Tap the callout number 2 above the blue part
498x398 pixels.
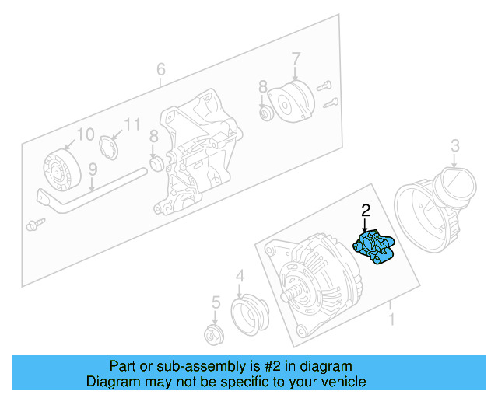[365, 210]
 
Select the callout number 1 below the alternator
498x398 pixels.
[391, 319]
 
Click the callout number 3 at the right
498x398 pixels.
[455, 145]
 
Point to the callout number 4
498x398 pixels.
[240, 275]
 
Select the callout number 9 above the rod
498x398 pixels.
[92, 168]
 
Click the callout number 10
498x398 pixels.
[85, 134]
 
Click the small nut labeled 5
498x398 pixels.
[212, 335]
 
